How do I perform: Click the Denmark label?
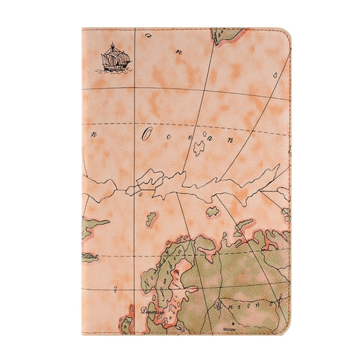(x=153, y=312)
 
